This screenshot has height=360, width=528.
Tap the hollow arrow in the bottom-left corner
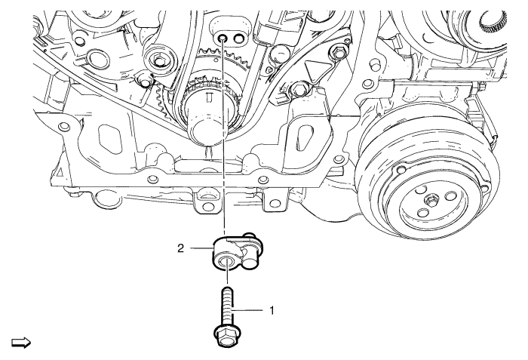[17, 343]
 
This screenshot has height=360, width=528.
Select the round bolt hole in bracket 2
[225, 262]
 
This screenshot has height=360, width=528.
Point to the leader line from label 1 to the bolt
[253, 309]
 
